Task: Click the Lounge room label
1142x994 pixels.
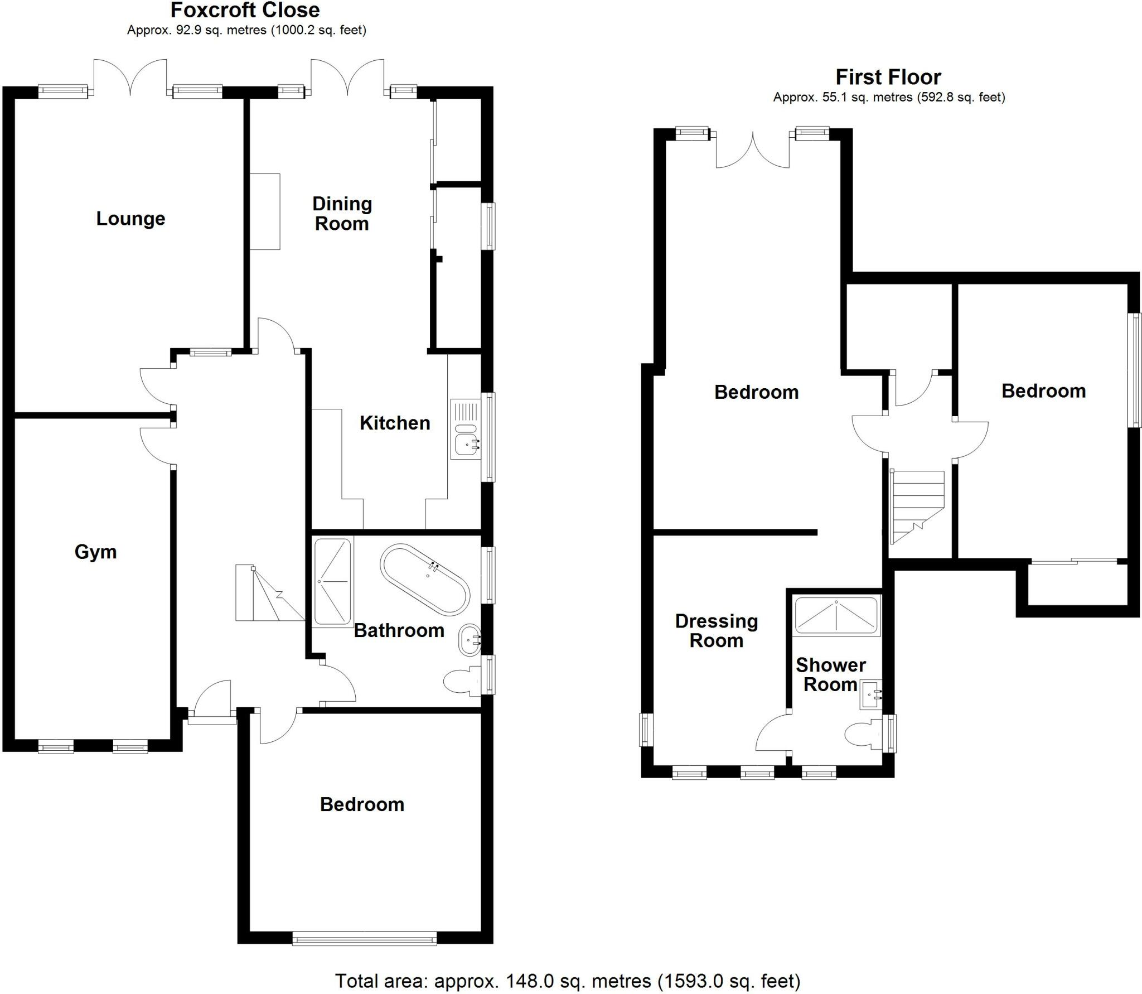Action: click(x=130, y=219)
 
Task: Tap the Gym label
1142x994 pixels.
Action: click(x=95, y=552)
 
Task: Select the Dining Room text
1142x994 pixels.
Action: click(x=342, y=214)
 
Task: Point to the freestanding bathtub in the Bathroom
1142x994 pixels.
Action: click(x=425, y=580)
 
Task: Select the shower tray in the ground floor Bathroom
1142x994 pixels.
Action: click(x=333, y=581)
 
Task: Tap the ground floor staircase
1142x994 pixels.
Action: click(x=268, y=594)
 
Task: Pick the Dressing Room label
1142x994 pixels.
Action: click(x=717, y=630)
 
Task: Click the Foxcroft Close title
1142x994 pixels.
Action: click(x=245, y=10)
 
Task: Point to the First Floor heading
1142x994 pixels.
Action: click(x=888, y=77)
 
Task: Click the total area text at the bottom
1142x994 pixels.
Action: click(x=568, y=981)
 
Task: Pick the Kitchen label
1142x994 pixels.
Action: click(x=395, y=423)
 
